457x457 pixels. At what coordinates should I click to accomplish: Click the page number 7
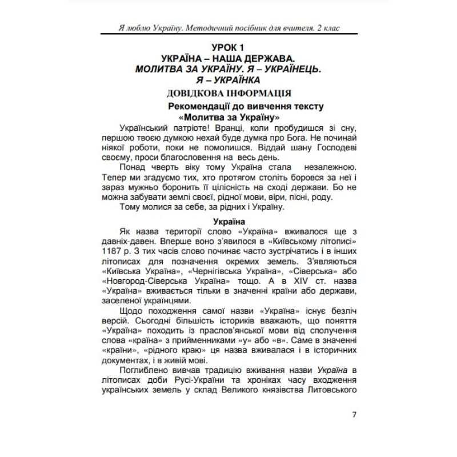coord(354,415)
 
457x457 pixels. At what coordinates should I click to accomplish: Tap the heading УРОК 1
coord(228,47)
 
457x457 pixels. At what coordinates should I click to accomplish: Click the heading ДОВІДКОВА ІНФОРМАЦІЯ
coord(228,93)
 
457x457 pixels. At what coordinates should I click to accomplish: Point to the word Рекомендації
coord(199,106)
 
